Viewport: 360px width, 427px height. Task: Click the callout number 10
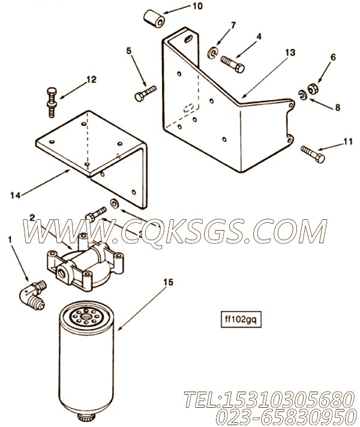point(198,6)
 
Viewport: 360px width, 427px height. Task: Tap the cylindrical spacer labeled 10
point(154,19)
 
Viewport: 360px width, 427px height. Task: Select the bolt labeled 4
point(233,64)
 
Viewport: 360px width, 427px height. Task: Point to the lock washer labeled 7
point(212,53)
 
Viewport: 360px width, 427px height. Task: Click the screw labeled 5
point(146,93)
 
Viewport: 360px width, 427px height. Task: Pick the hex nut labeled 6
point(313,89)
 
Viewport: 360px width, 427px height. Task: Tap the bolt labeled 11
point(313,154)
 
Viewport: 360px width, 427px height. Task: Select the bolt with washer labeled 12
point(52,102)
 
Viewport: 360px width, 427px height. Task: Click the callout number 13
point(290,52)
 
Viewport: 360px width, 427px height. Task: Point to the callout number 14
point(16,195)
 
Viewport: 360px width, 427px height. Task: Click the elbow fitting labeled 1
point(33,295)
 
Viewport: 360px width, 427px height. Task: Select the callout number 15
point(169,282)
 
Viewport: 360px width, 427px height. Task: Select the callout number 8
point(337,108)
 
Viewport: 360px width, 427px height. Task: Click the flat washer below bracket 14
point(114,204)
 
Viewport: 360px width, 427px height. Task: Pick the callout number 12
point(91,79)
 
